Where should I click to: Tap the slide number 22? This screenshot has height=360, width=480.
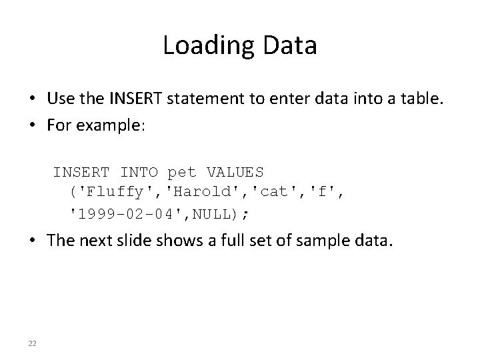coord(32,343)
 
